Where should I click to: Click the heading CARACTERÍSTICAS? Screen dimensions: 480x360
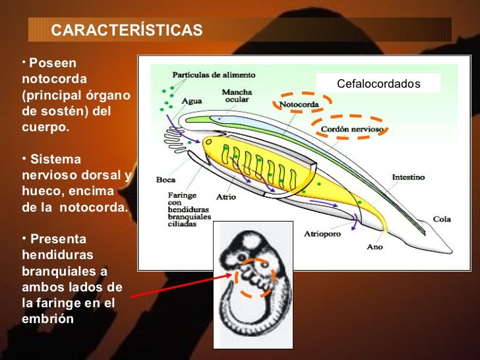click(127, 31)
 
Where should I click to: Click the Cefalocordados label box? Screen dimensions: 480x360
click(378, 84)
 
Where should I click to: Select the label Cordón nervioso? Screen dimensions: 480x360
click(351, 129)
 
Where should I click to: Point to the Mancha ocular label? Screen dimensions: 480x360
click(235, 96)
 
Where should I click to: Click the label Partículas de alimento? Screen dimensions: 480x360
click(214, 75)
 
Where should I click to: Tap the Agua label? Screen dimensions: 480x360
click(191, 101)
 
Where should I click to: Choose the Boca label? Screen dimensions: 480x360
click(165, 179)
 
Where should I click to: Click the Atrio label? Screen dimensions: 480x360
click(225, 196)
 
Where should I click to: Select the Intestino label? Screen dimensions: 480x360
click(408, 177)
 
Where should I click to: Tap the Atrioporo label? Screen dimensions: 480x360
click(322, 233)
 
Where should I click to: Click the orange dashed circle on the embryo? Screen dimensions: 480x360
click(256, 278)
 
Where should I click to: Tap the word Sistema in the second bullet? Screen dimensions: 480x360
click(55, 160)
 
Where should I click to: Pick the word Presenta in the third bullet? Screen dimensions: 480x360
click(58, 239)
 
